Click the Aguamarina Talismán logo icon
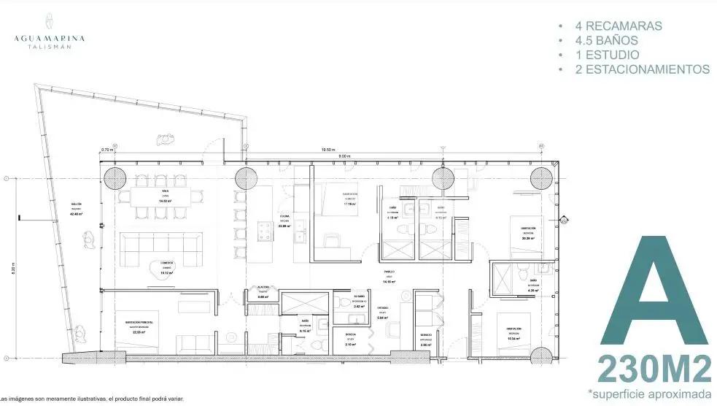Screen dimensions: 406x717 pyautogui.click(x=48, y=20)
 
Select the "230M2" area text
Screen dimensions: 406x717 pyautogui.click(x=654, y=369)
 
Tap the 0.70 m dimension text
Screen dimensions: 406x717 pyautogui.click(x=107, y=149)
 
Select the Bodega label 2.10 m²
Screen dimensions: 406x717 pyautogui.click(x=350, y=342)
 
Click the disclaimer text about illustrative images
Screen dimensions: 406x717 pyautogui.click(x=92, y=399)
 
